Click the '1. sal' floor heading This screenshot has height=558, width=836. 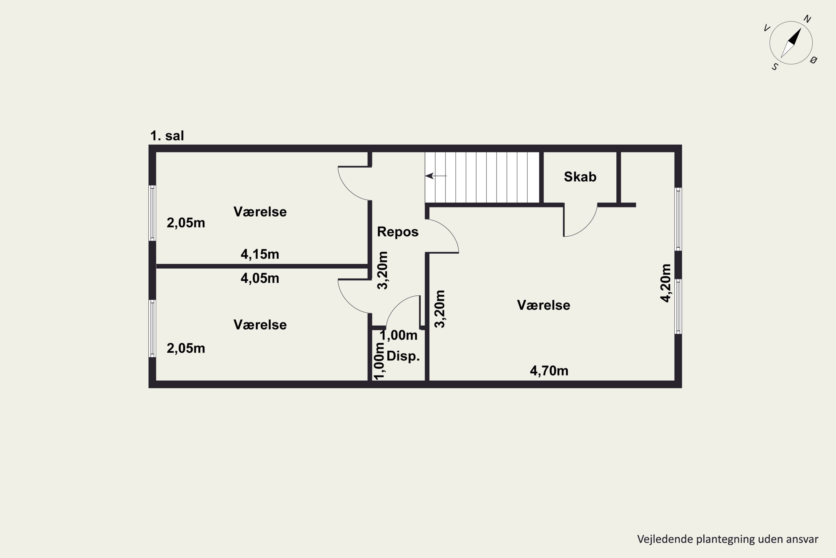tap(167, 136)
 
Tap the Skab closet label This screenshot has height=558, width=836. tap(580, 177)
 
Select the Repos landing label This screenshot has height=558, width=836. tap(398, 232)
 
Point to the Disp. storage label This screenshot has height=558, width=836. tap(403, 356)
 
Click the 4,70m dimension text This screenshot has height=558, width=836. tap(549, 371)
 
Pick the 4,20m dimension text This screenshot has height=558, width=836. tap(666, 283)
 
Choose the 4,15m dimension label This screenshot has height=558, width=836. tap(260, 254)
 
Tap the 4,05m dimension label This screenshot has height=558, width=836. tap(260, 278)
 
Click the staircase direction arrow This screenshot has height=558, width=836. tap(436, 176)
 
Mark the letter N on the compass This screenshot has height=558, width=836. tap(807, 19)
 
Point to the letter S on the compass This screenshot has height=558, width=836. tap(775, 67)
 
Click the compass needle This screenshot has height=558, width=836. tap(791, 43)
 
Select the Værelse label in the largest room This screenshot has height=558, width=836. tap(543, 305)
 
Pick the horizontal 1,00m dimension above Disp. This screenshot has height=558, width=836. tap(398, 335)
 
